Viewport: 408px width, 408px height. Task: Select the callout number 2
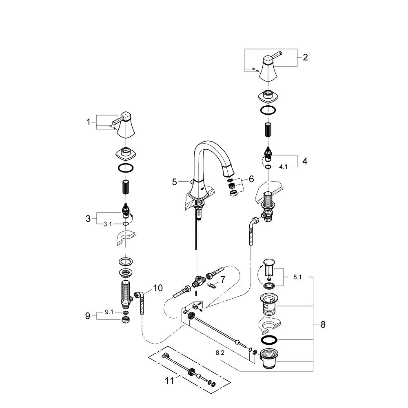(305, 58)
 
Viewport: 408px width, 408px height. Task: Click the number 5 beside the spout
(175, 182)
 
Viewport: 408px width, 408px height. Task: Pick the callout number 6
(251, 179)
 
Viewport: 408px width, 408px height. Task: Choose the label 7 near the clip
(223, 279)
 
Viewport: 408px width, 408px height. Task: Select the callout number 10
(157, 288)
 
